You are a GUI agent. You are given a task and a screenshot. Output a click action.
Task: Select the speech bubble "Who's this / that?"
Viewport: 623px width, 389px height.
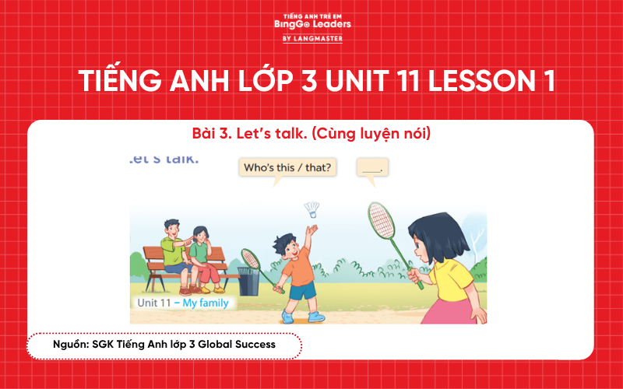287,167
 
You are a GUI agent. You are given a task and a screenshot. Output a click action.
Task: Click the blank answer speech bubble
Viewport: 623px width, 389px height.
372,167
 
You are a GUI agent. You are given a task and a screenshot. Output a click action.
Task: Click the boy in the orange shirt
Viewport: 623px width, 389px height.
297,268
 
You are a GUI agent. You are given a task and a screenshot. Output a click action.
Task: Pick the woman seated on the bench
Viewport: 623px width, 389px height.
203,253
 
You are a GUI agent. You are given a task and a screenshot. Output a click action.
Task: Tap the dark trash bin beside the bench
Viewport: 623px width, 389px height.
248,282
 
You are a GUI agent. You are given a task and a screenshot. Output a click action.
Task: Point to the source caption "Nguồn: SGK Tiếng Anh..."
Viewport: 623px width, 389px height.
164,344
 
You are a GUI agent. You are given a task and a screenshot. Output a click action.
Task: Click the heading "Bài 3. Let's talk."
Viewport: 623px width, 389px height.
311,134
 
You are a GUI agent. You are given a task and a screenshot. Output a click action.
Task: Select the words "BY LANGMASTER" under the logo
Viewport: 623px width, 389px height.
311,38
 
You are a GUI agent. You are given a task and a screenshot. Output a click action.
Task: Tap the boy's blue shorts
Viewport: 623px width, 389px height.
303,291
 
